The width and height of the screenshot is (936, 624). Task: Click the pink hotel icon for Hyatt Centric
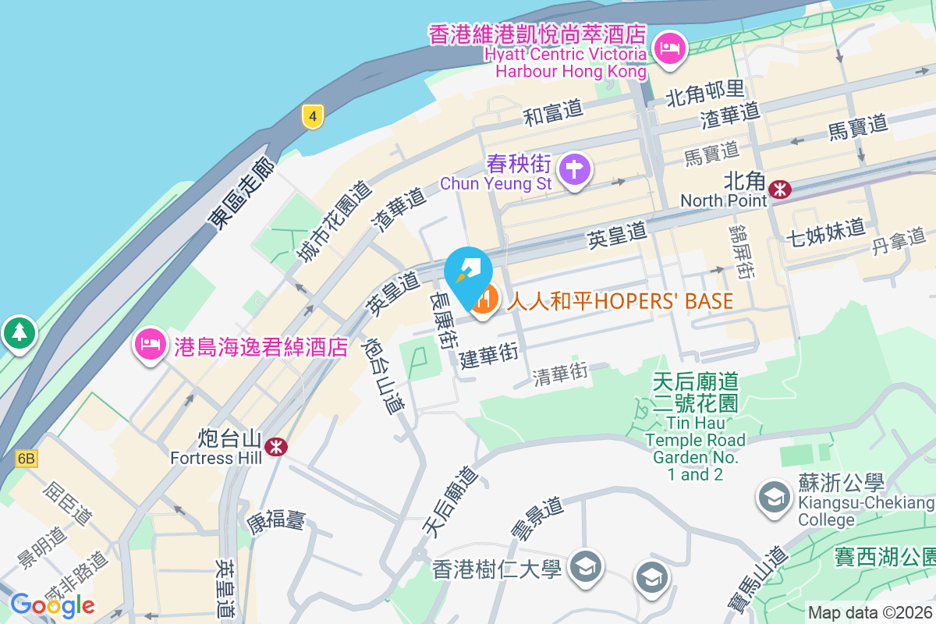tap(668, 49)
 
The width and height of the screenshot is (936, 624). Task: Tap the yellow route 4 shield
tap(312, 117)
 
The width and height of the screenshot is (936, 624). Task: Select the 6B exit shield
tap(26, 458)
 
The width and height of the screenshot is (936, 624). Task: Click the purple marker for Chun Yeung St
tap(575, 168)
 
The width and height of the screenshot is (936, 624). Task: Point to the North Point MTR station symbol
tap(778, 189)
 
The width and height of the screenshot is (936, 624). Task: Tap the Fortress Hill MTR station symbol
tap(275, 446)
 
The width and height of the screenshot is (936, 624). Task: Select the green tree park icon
tap(19, 332)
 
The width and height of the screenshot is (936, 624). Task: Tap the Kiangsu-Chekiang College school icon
tap(775, 497)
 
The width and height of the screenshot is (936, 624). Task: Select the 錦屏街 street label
tap(740, 250)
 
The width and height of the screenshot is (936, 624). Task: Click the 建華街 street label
tap(489, 356)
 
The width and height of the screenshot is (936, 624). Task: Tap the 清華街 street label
tap(560, 374)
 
